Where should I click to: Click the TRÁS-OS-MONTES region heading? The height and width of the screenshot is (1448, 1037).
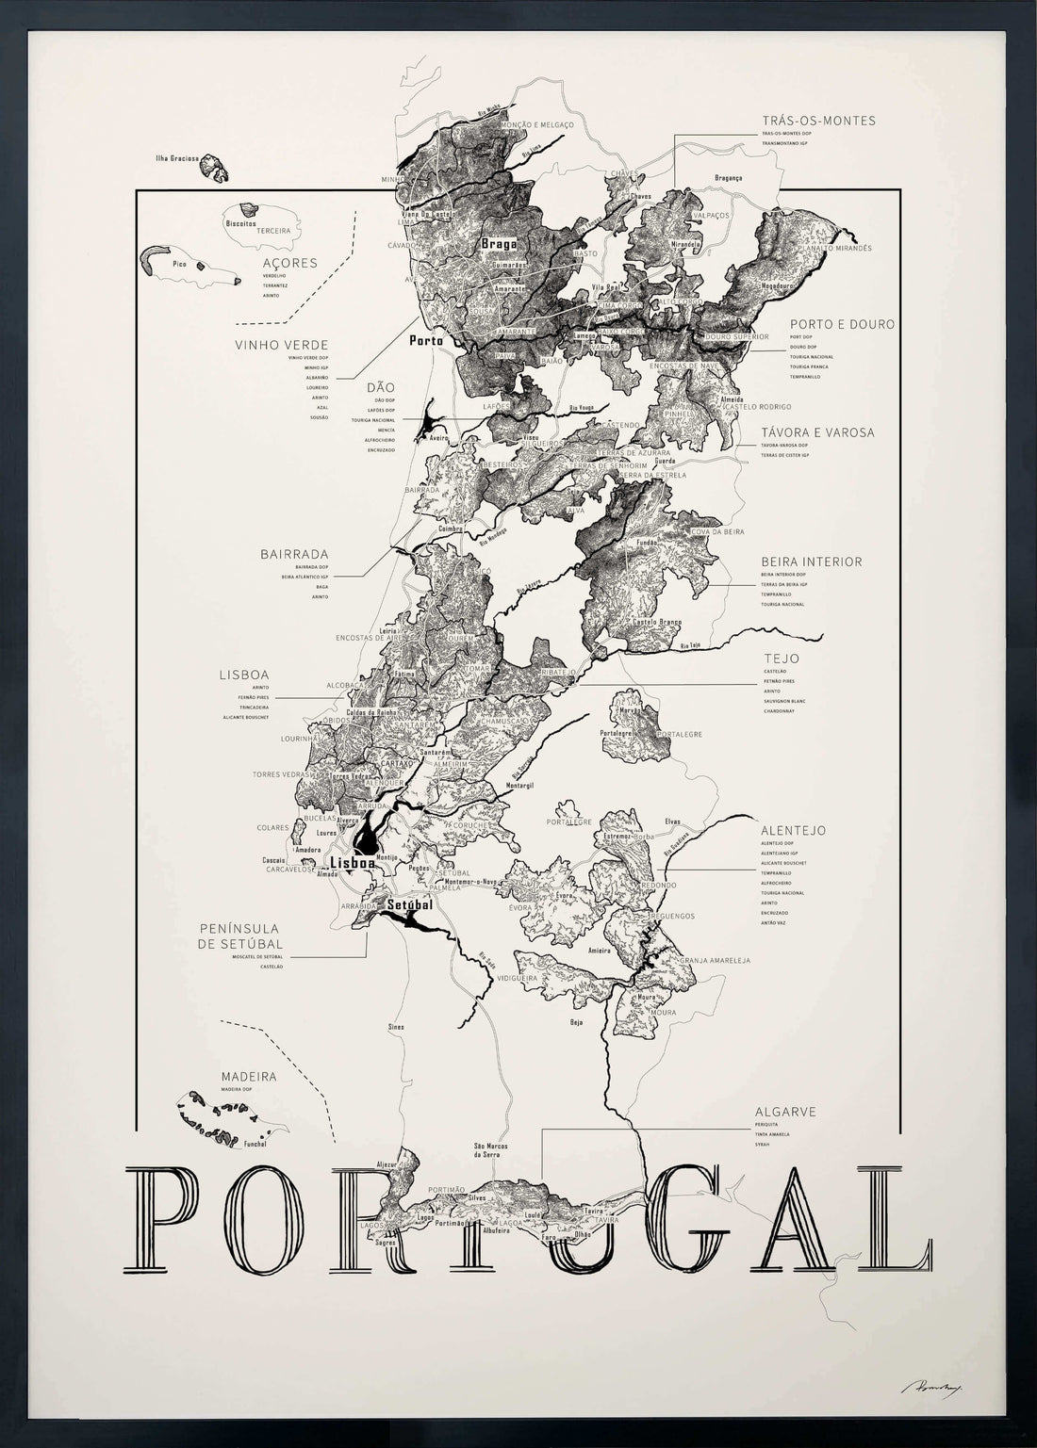[x=818, y=121]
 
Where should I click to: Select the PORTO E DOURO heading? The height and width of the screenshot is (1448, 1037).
[x=842, y=324]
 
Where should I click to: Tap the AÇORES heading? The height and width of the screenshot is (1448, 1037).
[x=290, y=263]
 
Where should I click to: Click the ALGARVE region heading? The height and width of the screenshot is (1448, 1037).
[x=784, y=1112]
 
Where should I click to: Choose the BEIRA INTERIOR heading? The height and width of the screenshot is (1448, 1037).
[x=811, y=561]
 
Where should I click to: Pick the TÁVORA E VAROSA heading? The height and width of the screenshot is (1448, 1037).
[x=817, y=432]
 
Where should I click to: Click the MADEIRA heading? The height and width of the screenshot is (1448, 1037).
[x=248, y=1076]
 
